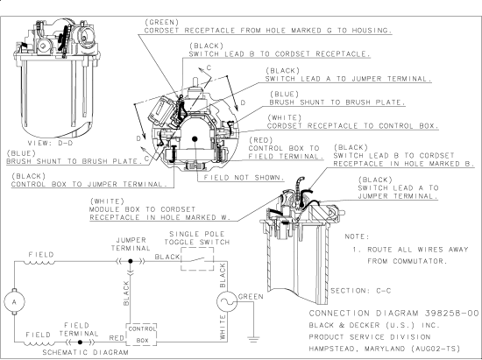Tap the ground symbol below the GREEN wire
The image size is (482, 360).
(x=253, y=339)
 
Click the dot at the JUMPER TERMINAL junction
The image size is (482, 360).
(x=131, y=261)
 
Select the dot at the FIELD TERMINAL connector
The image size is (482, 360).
(x=80, y=342)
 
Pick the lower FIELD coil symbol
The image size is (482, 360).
(x=39, y=343)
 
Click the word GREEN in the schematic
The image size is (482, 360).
(x=251, y=297)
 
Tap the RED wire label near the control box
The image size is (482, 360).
(x=117, y=338)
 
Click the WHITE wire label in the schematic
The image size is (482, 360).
(x=223, y=327)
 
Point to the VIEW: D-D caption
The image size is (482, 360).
(x=51, y=143)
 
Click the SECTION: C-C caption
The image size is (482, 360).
(x=360, y=291)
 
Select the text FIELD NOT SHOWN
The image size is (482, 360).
(x=245, y=178)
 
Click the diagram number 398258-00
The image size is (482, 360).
(x=452, y=314)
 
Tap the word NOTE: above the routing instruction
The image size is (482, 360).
(x=357, y=236)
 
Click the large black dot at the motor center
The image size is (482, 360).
(x=195, y=139)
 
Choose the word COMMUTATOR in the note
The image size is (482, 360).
(x=419, y=261)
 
